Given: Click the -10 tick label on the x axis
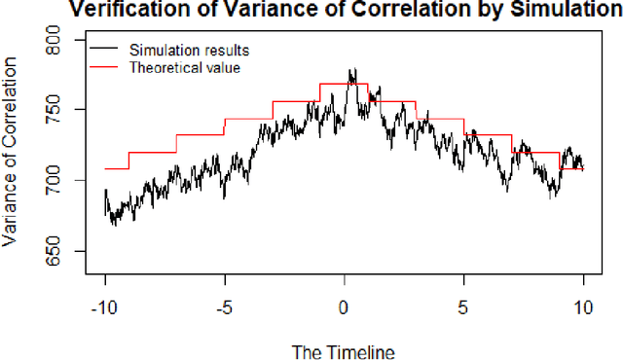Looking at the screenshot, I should pyautogui.click(x=105, y=308).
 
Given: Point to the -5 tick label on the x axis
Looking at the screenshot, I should pyautogui.click(x=224, y=308).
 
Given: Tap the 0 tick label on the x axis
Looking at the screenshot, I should pyautogui.click(x=345, y=308).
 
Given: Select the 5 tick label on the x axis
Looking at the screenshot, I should pyautogui.click(x=464, y=308).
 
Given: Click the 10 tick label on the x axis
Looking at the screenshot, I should pyautogui.click(x=583, y=308).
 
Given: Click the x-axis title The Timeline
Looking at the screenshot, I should pyautogui.click(x=345, y=347).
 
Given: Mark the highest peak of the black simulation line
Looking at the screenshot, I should pyautogui.click(x=351, y=70).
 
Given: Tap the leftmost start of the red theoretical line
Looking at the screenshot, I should pyautogui.click(x=106, y=168).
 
